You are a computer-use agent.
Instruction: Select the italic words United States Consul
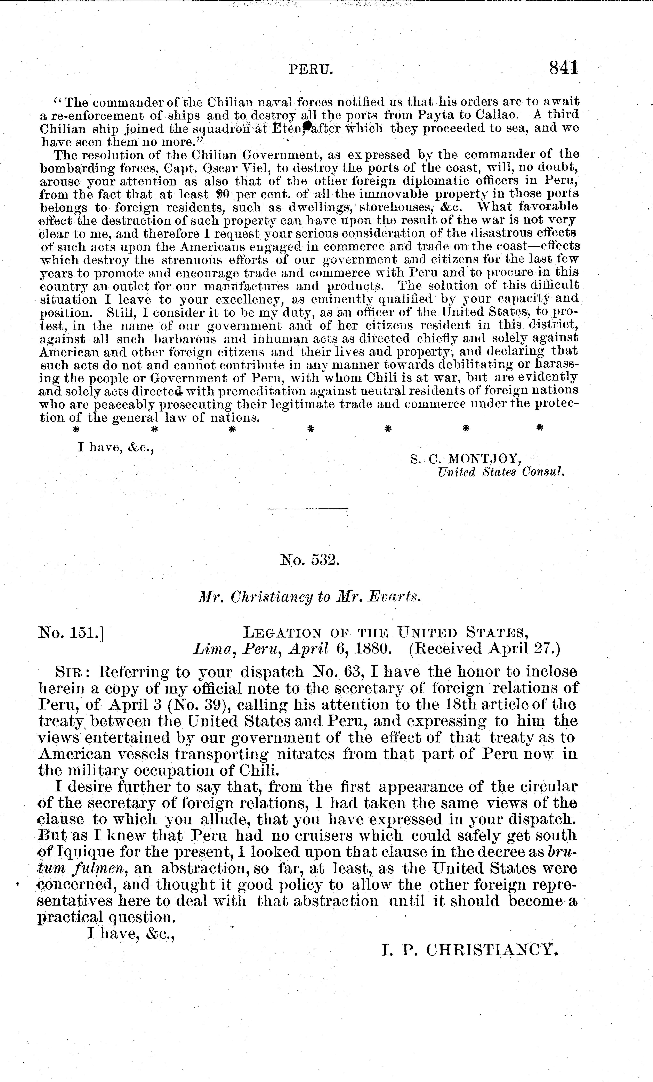500,473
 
